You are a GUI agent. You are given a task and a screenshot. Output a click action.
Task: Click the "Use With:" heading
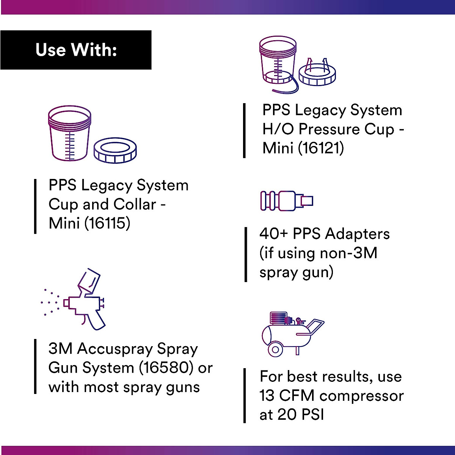[76, 50]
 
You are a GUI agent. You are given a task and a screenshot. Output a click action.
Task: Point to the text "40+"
[274, 234]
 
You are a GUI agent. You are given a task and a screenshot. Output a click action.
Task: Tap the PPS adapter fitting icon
[287, 201]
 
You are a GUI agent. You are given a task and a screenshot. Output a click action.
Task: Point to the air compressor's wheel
[275, 349]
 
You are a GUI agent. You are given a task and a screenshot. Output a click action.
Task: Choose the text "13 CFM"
[287, 396]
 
